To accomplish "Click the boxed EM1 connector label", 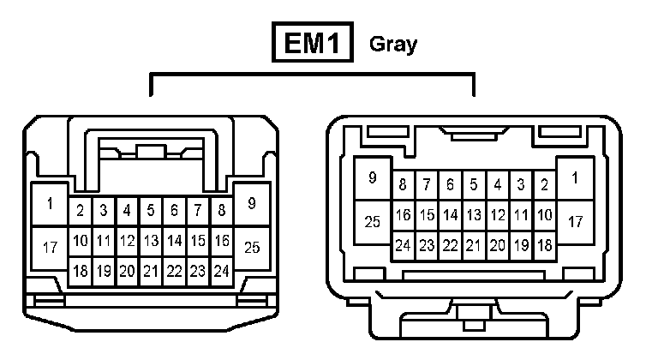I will (314, 44).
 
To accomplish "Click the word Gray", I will (393, 45).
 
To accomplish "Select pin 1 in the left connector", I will (50, 204).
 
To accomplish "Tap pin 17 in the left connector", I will (50, 248).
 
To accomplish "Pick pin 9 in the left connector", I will (252, 204).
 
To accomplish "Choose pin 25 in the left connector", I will (252, 248).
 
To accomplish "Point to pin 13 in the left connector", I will (151, 241).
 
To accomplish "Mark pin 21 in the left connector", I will (151, 272).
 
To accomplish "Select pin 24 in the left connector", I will (221, 272).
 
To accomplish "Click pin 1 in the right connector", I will (575, 178).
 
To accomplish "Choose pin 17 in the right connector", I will (575, 222).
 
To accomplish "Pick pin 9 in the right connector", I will (373, 178).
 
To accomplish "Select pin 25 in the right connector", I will (373, 222).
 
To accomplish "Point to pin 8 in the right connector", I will (403, 184).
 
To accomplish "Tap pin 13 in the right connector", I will (474, 215).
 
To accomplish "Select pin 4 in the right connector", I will (497, 184).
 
